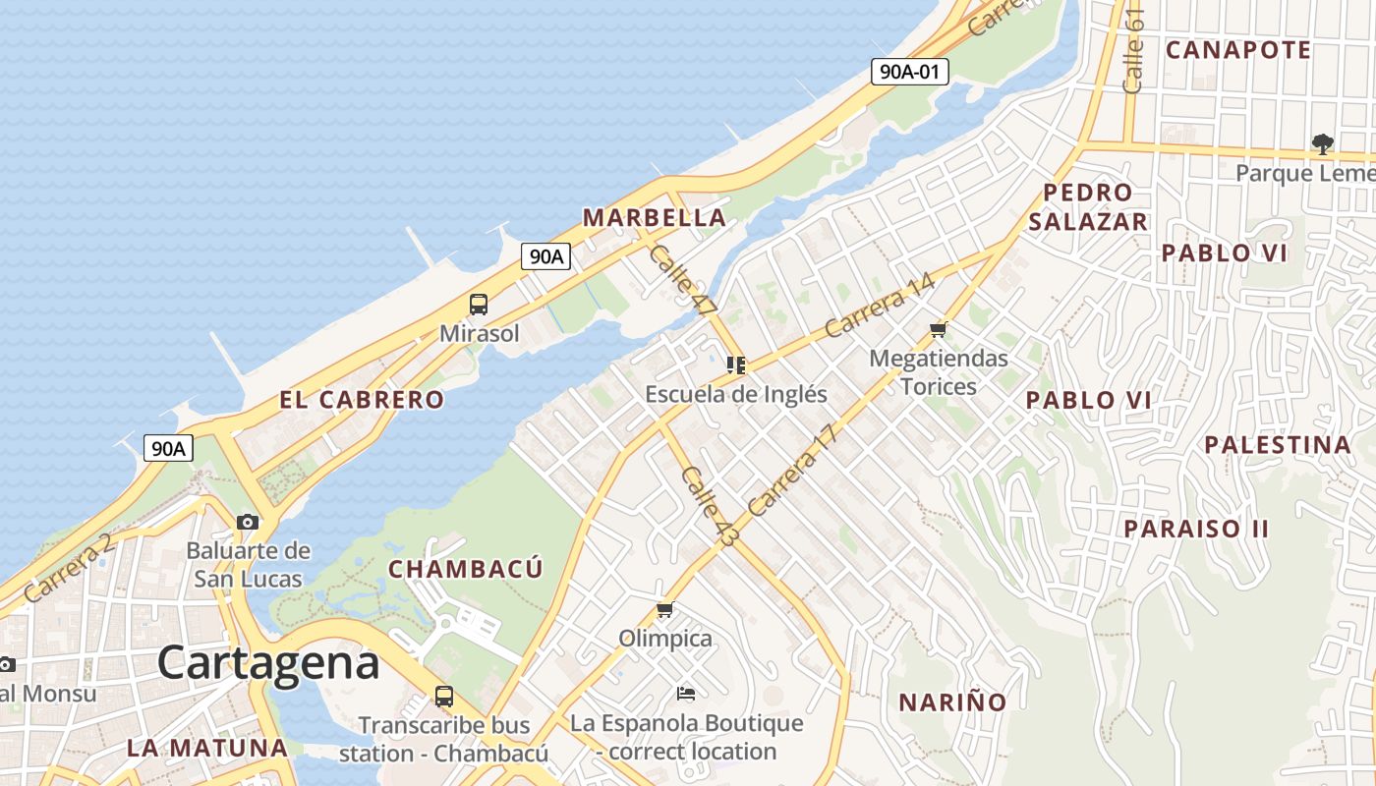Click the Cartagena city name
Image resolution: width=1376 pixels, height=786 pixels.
coord(268,663)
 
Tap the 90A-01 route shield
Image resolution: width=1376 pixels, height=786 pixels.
coord(909,71)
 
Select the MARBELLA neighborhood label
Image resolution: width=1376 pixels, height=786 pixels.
coord(655,217)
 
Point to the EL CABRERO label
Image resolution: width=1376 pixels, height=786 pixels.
coord(362,400)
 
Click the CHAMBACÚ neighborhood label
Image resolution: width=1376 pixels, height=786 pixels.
coord(466,569)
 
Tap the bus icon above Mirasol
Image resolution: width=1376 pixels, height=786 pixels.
coord(479,305)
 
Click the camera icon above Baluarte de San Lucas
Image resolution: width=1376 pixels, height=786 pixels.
coord(248,522)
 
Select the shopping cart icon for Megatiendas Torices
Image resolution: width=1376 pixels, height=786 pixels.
coord(939,330)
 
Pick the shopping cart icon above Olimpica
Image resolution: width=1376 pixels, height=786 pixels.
coord(665,610)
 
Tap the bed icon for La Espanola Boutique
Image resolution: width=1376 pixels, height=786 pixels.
coord(686,694)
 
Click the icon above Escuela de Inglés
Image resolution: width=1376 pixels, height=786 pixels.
coord(735,365)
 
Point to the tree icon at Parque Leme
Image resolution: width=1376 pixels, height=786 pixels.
coord(1323,144)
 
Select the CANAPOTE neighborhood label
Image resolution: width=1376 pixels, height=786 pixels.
coord(1238,50)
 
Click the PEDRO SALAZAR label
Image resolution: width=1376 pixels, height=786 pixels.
coord(1088,206)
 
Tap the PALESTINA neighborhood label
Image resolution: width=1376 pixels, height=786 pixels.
coord(1278,445)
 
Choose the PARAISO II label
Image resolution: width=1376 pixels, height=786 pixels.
coord(1196,529)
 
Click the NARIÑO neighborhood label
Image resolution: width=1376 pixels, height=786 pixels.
coord(952,702)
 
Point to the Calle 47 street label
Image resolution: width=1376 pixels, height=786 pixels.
coord(683,281)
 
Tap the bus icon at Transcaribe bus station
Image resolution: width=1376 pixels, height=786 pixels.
coord(444,697)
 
